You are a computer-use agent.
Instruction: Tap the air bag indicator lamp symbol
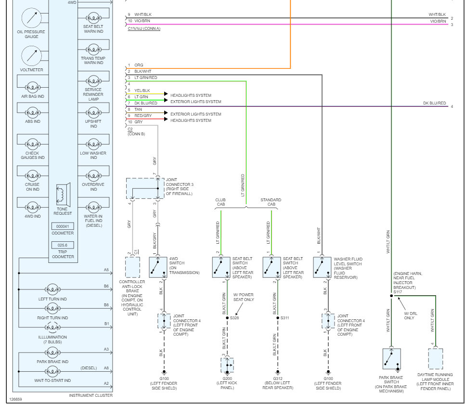[x=33, y=87]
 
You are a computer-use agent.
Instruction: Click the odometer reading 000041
[x=63, y=226]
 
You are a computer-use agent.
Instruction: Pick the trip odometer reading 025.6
[x=63, y=245]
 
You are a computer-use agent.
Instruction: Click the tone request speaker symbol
[x=63, y=193]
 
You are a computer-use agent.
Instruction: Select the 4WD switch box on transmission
[x=158, y=267]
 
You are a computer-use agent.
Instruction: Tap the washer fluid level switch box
[x=323, y=267]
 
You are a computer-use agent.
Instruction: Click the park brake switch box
[x=391, y=359]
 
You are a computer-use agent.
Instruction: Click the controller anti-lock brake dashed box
[x=132, y=267]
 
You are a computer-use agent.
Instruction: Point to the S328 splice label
[x=234, y=318]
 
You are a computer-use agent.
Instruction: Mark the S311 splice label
[x=285, y=318]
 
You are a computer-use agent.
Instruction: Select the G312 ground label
[x=277, y=379]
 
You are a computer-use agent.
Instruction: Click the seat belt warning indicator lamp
[x=93, y=17]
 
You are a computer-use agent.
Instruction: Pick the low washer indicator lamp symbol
[x=93, y=144]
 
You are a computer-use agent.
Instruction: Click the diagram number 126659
[x=15, y=399]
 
